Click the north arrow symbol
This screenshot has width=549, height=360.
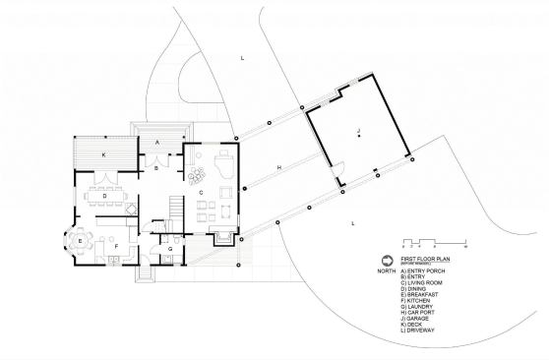point(385,261)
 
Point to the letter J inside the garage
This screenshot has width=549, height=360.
point(359,129)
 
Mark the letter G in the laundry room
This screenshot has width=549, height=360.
point(169,250)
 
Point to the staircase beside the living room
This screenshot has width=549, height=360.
point(175,210)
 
